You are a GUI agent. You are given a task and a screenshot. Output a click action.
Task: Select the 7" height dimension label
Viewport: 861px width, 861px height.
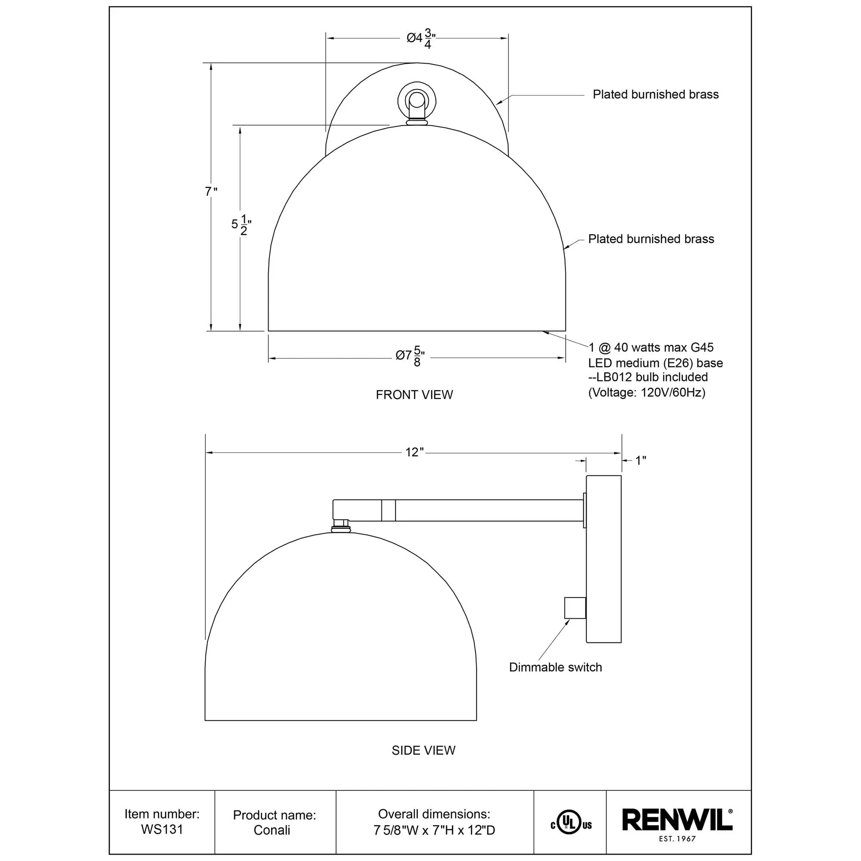pyautogui.click(x=211, y=192)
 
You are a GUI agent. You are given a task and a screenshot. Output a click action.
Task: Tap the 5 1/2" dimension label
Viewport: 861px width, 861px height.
pyautogui.click(x=241, y=224)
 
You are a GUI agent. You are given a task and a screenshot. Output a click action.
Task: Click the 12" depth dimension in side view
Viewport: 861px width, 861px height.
pyautogui.click(x=414, y=452)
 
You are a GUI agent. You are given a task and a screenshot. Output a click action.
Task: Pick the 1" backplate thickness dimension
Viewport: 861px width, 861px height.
pyautogui.click(x=641, y=460)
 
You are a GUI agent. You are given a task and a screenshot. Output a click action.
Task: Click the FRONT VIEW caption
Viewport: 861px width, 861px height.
pyautogui.click(x=414, y=395)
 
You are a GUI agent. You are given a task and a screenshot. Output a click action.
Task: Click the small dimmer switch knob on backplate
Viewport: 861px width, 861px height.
pyautogui.click(x=574, y=607)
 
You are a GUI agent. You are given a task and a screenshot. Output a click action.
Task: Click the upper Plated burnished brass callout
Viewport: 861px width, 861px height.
pyautogui.click(x=655, y=94)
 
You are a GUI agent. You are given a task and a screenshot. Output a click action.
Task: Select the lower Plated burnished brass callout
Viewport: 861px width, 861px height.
pyautogui.click(x=650, y=239)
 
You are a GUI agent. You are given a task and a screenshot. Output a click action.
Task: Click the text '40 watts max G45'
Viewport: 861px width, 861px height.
pyautogui.click(x=663, y=347)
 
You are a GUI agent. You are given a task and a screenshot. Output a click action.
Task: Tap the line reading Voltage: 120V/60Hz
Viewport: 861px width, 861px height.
pyautogui.click(x=647, y=393)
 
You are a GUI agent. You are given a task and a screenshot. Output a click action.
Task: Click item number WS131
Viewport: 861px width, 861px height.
pyautogui.click(x=162, y=830)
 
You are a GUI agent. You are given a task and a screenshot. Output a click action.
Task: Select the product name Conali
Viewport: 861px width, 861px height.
pyautogui.click(x=272, y=830)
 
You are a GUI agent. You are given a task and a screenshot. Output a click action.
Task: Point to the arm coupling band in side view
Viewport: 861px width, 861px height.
pyautogui.click(x=388, y=510)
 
